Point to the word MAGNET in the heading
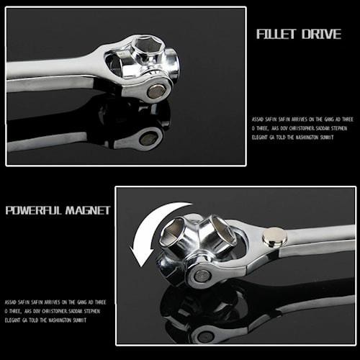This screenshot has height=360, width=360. click(88, 210)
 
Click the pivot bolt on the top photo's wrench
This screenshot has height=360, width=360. click(156, 91)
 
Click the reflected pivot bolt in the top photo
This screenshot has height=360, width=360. click(149, 139)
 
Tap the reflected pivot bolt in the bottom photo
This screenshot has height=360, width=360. click(204, 335)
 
